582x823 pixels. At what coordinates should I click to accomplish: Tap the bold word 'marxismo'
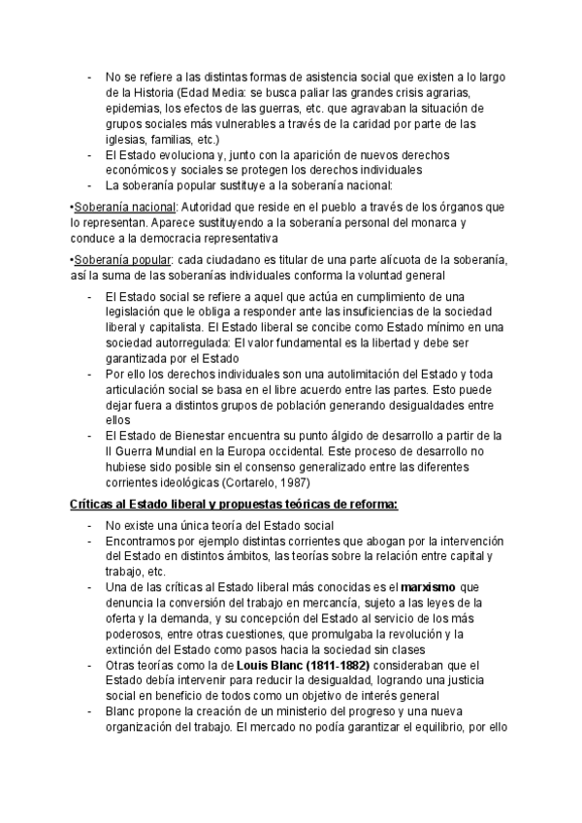(x=429, y=586)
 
